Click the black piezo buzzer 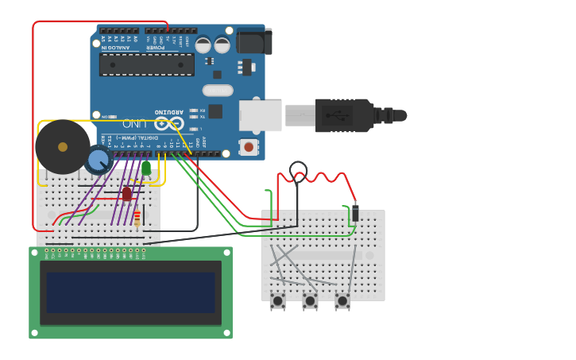pyautogui.click(x=62, y=147)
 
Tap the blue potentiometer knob pyautogui.click(x=98, y=161)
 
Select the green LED pyautogui.click(x=146, y=168)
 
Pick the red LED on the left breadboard pyautogui.click(x=126, y=193)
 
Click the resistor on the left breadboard pyautogui.click(x=137, y=218)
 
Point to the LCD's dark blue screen pyautogui.click(x=130, y=292)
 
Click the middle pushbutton pyautogui.click(x=310, y=300)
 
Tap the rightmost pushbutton pyautogui.click(x=342, y=300)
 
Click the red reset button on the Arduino pyautogui.click(x=249, y=147)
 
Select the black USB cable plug pyautogui.click(x=346, y=115)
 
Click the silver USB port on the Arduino pyautogui.click(x=261, y=115)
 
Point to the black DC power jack pyautogui.click(x=254, y=41)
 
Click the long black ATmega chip pyautogui.click(x=147, y=64)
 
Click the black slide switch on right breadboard pyautogui.click(x=355, y=213)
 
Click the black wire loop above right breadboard pyautogui.click(x=298, y=169)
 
